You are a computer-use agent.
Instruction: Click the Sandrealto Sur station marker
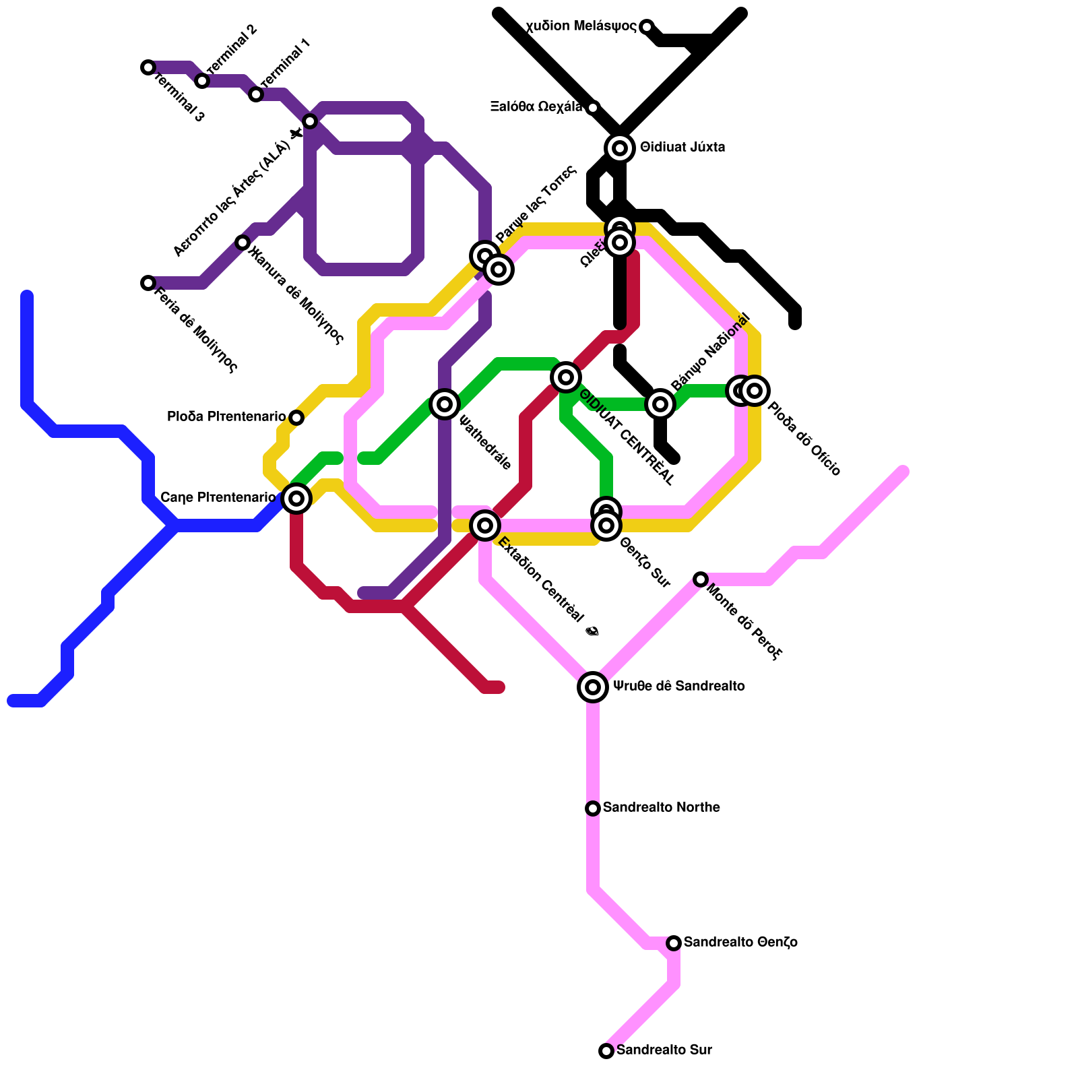coord(606,1050)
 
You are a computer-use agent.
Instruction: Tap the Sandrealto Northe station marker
coord(593,808)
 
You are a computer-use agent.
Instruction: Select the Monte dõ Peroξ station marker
coord(701,579)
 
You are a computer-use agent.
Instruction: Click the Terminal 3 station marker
coord(148,67)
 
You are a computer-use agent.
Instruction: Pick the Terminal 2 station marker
coord(202,81)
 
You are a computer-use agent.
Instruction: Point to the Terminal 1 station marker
coord(256,94)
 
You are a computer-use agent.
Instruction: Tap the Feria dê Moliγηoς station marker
coord(148,283)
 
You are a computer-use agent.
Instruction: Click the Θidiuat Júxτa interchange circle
coord(620,148)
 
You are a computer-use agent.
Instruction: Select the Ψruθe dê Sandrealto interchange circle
coord(593,687)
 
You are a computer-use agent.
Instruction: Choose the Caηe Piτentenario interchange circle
coord(296,498)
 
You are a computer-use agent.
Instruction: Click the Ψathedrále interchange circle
coord(445,404)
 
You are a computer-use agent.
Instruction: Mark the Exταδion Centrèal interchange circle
coord(485,525)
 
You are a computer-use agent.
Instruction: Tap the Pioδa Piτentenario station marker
coord(296,418)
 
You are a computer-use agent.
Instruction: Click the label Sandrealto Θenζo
coord(740,942)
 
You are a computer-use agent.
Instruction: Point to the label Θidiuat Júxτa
coord(683,147)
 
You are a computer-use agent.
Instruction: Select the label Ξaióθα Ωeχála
coord(536,106)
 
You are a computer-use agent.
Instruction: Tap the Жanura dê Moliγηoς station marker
coord(243,243)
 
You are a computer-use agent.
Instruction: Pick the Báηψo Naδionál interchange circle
coord(660,404)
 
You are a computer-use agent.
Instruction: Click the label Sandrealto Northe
coord(661,807)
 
